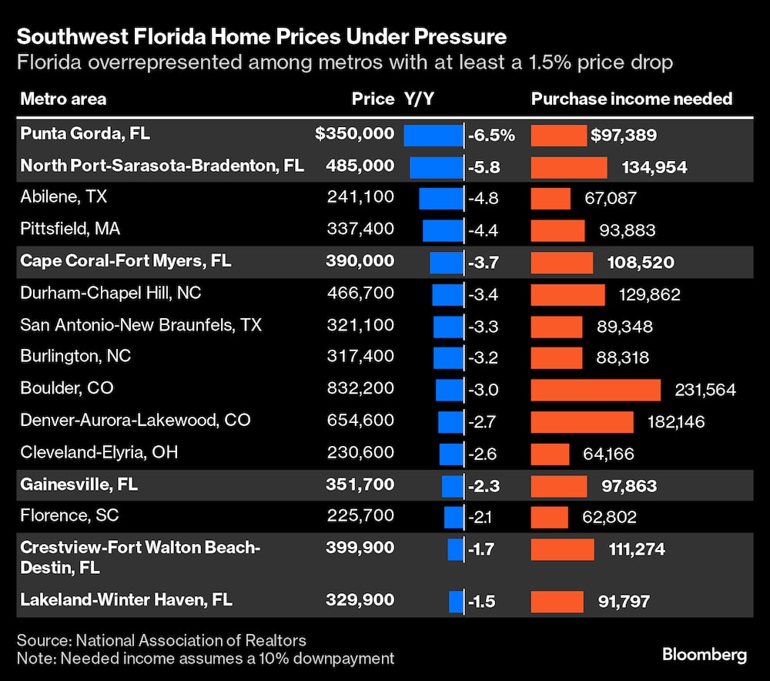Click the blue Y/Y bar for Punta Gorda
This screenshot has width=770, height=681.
pos(432,135)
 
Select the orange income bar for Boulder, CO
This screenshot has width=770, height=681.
pos(595,389)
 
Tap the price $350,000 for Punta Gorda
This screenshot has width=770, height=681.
pos(354,134)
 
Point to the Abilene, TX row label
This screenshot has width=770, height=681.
pos(63,197)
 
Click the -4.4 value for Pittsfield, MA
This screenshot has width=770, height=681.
pos(483,229)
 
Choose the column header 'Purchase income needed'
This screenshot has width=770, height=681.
pos(631,99)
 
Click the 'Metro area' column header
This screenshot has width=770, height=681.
pos(63,99)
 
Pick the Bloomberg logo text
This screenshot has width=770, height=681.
pos(704,655)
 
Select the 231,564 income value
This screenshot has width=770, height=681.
pos(705,389)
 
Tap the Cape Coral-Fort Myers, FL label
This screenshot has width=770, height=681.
pos(126,261)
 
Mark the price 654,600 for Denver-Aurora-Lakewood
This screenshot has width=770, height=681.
pos(360,421)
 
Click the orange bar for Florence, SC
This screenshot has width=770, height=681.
pos(549,516)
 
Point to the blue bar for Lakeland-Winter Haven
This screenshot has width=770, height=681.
pos(456,601)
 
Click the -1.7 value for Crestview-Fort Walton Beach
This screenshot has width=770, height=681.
pos(483,548)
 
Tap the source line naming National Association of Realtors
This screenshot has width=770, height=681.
pos(161,640)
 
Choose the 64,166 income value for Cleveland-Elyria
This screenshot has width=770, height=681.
pos(608,453)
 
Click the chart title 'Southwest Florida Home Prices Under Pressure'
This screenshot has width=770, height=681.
pos(262,36)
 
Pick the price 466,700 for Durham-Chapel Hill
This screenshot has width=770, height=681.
pos(360,293)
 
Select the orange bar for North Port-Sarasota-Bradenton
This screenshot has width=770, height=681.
pos(569,166)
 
